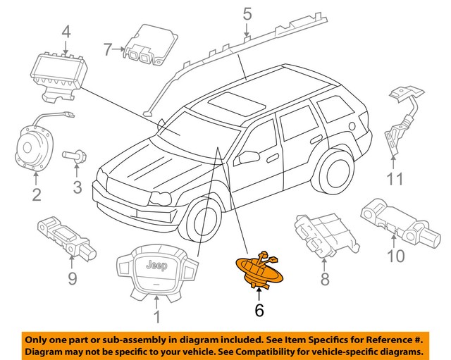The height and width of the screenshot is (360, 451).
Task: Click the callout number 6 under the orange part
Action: click(258, 309)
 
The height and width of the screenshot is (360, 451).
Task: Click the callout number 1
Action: click(156, 318)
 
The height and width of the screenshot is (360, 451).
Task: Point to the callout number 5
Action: click(247, 13)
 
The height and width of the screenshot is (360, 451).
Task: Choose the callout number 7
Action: click(108, 49)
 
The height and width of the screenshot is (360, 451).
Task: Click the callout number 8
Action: click(324, 280)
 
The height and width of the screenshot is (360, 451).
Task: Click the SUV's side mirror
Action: click(247, 157)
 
